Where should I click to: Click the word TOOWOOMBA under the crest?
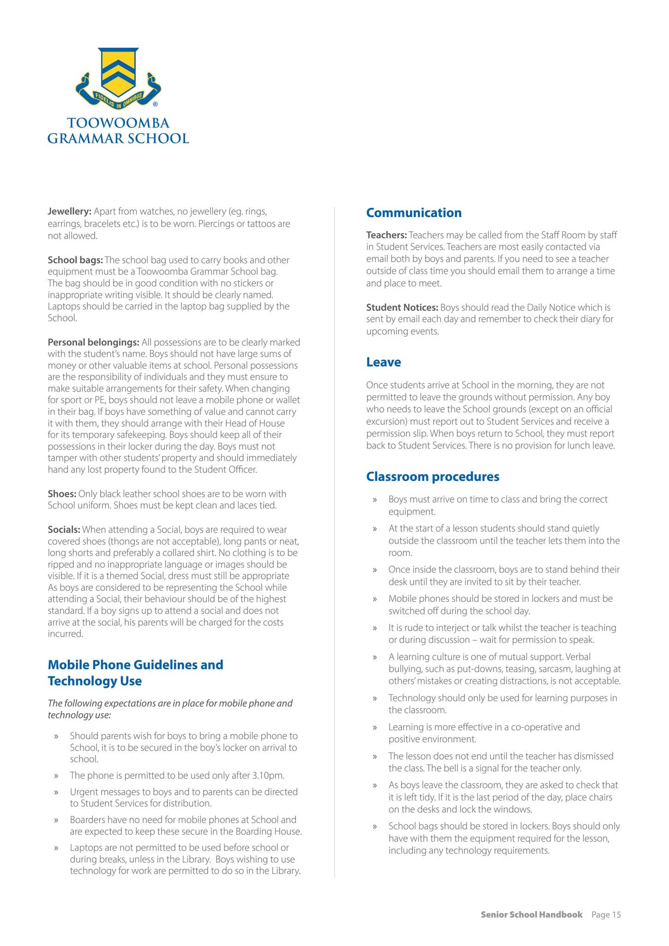click(119, 123)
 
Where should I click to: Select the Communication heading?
click(414, 213)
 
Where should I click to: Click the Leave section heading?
click(383, 362)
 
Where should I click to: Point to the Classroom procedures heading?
click(433, 477)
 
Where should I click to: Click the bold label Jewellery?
click(70, 212)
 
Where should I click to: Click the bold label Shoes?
click(62, 494)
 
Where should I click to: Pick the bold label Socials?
click(64, 529)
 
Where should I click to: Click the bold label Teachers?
click(386, 235)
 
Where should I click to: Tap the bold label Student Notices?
click(402, 308)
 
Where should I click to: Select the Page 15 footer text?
click(606, 915)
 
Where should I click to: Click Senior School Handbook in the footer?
click(531, 915)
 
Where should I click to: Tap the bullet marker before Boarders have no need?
click(56, 820)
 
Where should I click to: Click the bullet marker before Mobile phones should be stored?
click(375, 599)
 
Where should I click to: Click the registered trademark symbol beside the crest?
click(155, 104)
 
